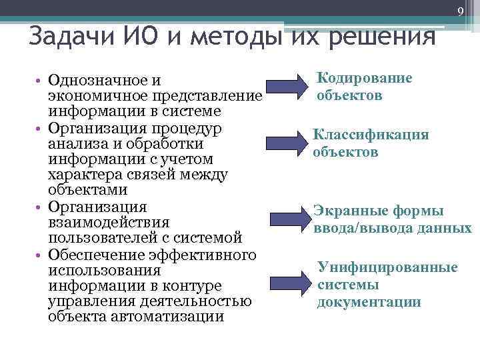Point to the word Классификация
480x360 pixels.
point(371,135)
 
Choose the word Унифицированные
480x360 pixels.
point(388,267)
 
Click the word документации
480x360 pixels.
point(369,302)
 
